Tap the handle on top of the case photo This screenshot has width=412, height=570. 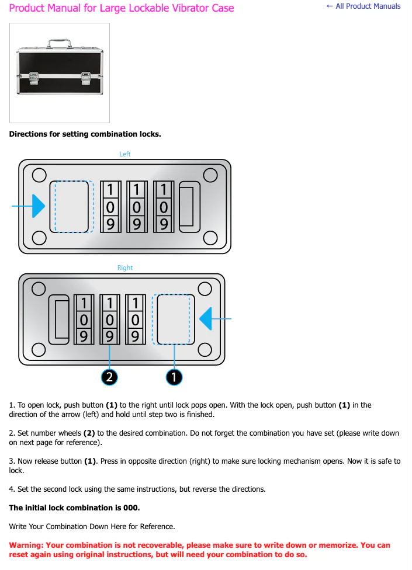pos(59,43)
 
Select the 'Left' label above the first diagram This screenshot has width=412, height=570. pos(125,154)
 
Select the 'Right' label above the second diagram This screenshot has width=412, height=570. pos(125,267)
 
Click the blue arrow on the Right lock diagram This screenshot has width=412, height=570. pos(206,319)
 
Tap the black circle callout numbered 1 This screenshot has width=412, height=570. pos(174,377)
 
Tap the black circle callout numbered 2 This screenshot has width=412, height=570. pos(109,377)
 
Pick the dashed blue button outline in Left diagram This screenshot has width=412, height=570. pos(73,207)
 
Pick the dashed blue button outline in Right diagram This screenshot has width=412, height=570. pos(172,319)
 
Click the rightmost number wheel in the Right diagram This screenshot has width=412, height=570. pos(135,319)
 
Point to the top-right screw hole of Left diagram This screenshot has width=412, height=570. pos(210,175)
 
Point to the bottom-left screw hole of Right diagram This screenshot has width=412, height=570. pos(39,350)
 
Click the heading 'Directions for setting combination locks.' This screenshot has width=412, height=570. pos(85,134)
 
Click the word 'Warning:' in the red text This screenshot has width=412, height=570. pos(26,545)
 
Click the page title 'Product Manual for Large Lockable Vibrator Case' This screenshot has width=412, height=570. pos(122,8)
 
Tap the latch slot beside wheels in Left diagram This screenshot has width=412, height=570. pos(188,207)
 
